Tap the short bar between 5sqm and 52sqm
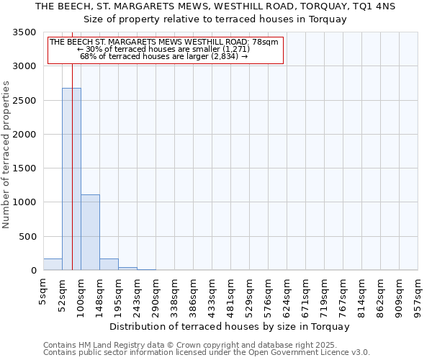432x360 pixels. pos(53,264)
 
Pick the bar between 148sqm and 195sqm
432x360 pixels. pos(109,264)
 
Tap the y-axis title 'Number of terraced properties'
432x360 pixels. pos(7,154)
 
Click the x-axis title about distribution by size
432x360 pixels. pos(230,326)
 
